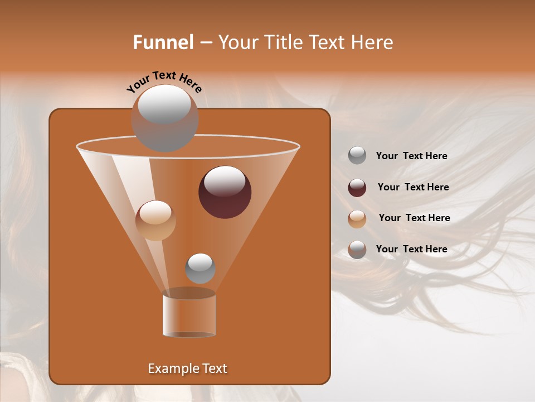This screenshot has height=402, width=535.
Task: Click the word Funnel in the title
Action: pyautogui.click(x=163, y=42)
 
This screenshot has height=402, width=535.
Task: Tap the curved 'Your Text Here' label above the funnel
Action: pyautogui.click(x=164, y=82)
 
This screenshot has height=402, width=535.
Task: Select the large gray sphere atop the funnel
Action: pyautogui.click(x=164, y=118)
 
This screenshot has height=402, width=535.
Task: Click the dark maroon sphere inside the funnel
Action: pyautogui.click(x=225, y=193)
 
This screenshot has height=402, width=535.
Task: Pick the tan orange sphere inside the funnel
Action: pyautogui.click(x=155, y=221)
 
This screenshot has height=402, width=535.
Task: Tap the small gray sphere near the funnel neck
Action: pyautogui.click(x=200, y=269)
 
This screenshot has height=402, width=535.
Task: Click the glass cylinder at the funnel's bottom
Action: pyautogui.click(x=189, y=315)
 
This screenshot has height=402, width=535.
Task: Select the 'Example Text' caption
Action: pyautogui.click(x=187, y=368)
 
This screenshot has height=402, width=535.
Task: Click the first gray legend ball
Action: pyautogui.click(x=357, y=156)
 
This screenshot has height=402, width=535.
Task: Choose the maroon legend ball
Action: pyautogui.click(x=357, y=188)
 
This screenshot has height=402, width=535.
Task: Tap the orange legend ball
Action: pyautogui.click(x=357, y=218)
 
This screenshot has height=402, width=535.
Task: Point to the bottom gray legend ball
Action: pyautogui.click(x=357, y=250)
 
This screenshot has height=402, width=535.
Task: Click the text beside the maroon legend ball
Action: pyautogui.click(x=413, y=187)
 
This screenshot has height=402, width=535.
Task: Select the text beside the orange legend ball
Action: pyautogui.click(x=414, y=218)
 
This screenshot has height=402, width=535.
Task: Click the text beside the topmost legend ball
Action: pyautogui.click(x=411, y=156)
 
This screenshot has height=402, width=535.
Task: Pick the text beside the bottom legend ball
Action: pyautogui.click(x=411, y=249)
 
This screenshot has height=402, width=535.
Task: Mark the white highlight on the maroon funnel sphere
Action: pyautogui.click(x=225, y=181)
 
